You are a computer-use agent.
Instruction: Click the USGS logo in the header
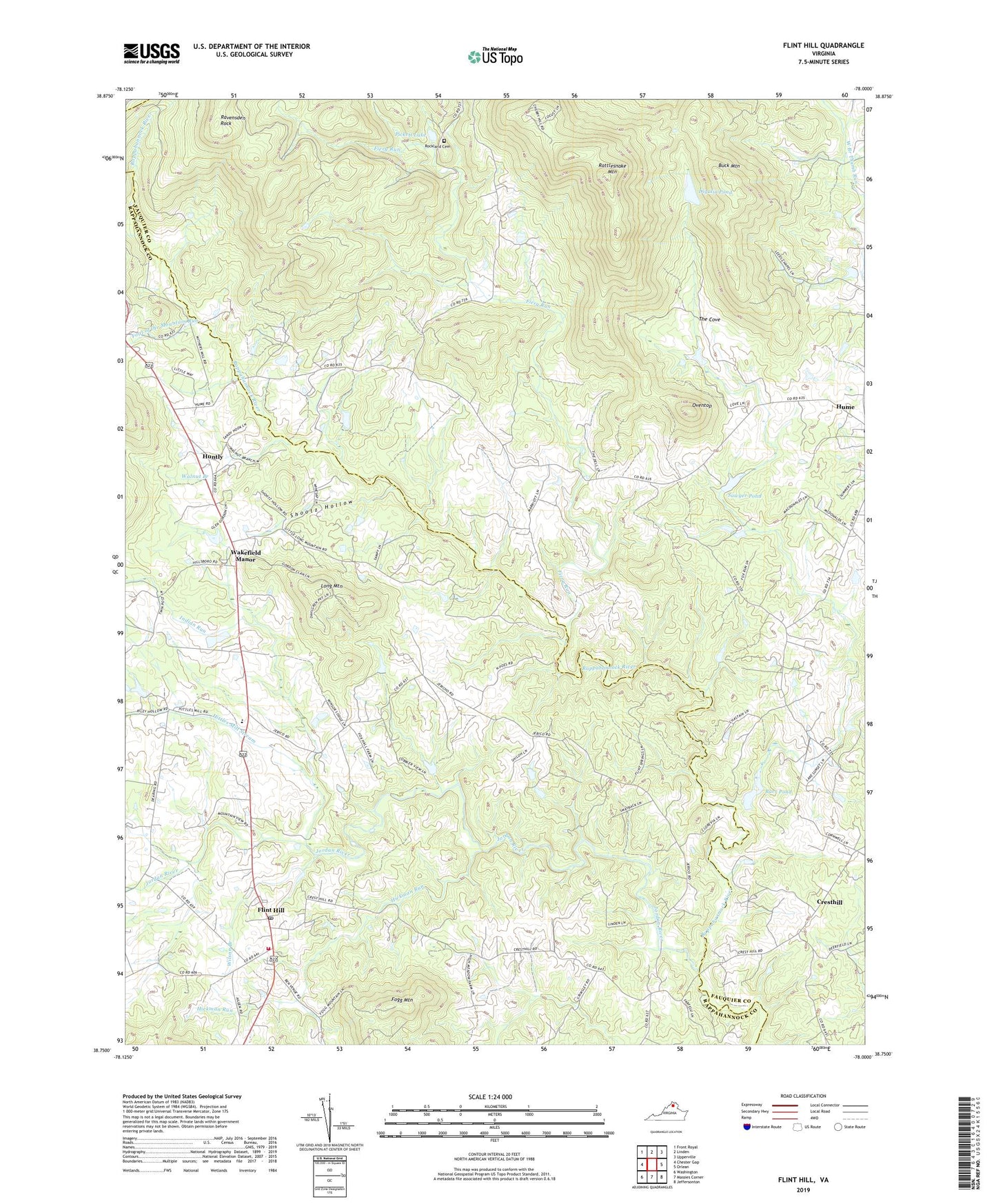tap(152, 53)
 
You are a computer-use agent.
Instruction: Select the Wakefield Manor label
tap(245, 556)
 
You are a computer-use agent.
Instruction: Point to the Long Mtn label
tap(332, 586)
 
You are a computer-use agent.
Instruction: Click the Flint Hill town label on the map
tap(270, 910)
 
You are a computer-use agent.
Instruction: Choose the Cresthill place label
tap(829, 902)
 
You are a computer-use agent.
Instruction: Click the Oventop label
tap(702, 405)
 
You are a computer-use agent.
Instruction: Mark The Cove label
tap(709, 319)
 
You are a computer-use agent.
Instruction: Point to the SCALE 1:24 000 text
tap(489, 1097)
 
